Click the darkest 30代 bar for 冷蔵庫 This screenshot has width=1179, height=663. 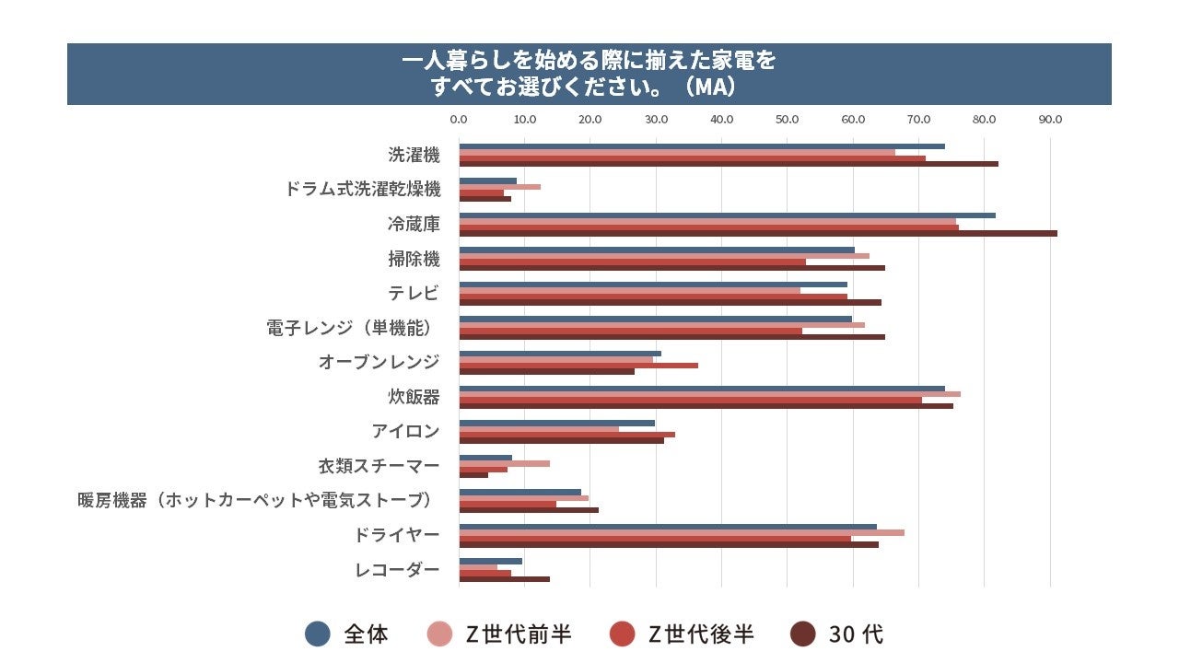(757, 233)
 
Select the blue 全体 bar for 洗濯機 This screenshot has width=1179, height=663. (701, 146)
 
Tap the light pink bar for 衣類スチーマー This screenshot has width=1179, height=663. (504, 463)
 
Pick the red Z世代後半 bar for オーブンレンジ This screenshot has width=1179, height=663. (578, 366)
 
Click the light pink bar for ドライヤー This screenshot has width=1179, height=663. (681, 532)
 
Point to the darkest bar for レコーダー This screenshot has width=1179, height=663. (504, 579)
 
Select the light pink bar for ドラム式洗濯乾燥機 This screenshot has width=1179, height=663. (499, 187)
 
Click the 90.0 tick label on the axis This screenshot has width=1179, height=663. (1050, 120)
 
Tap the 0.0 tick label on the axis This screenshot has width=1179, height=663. (458, 120)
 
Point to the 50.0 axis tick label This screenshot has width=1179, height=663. (787, 120)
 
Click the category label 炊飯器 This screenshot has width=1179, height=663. (414, 397)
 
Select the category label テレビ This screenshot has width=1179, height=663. (414, 293)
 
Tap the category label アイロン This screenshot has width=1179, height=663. (405, 431)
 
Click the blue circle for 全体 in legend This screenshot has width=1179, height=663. (317, 634)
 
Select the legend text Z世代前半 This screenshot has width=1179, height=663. (518, 634)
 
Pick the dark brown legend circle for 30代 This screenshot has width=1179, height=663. (803, 634)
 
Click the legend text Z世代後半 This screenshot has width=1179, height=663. (701, 634)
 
